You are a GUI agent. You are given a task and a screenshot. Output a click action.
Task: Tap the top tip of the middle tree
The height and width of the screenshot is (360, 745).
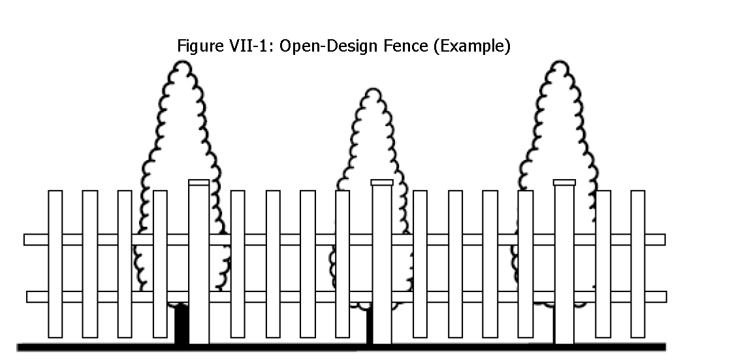click(x=372, y=90)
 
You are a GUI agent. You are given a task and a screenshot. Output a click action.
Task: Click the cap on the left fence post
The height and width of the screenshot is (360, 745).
click(x=198, y=182)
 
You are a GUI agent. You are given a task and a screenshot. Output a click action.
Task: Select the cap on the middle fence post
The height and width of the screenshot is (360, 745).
click(x=382, y=182)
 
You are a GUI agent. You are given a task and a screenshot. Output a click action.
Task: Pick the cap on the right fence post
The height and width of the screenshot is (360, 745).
click(x=564, y=182)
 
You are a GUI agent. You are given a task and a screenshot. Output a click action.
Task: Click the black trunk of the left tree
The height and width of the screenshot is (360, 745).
click(x=182, y=325)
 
